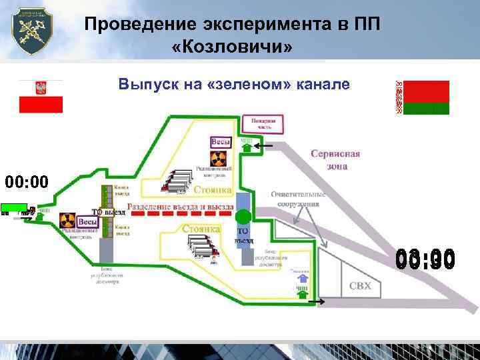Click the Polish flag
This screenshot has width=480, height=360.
coord(41,96)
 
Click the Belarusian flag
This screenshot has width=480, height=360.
coord(423,97)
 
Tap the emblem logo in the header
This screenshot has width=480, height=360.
coord(34,32)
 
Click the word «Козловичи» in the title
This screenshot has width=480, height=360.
coord(232,49)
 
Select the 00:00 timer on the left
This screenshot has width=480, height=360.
coord(27,181)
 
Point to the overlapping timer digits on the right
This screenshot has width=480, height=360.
coord(425,259)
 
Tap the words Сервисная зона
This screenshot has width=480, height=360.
coord(335,159)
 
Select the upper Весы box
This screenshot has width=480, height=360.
coord(221,141)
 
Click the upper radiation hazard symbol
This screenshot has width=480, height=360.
coord(219,159)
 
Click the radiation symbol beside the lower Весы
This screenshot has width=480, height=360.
coord(67,219)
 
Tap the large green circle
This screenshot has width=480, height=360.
coord(244,216)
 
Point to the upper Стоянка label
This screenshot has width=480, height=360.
coord(213,190)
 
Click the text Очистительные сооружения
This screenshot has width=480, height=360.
coord(299,199)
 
